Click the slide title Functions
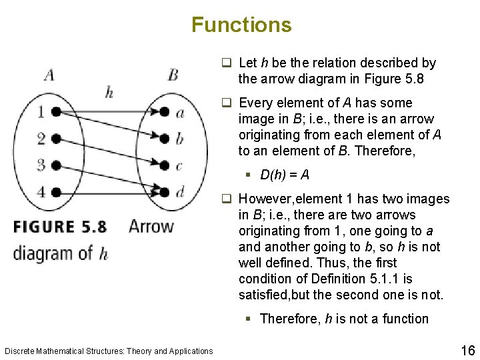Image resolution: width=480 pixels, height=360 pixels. click(241, 25)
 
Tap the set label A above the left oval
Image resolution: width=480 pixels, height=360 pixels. click(49, 74)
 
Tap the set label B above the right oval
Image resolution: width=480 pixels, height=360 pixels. click(173, 73)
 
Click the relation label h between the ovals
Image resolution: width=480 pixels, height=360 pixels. click(109, 92)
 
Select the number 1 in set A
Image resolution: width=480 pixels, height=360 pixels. click(41, 112)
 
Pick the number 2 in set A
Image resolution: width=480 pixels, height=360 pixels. click(41, 139)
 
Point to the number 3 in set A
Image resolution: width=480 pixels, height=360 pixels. click(41, 164)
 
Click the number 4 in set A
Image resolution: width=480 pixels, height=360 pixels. click(41, 192)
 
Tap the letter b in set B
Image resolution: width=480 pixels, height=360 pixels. click(180, 138)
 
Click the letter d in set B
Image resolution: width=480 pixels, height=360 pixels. click(180, 191)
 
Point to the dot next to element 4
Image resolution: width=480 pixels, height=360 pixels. click(57, 192)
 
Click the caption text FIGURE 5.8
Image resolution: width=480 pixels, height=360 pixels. click(60, 227)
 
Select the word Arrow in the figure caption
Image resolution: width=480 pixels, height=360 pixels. click(151, 227)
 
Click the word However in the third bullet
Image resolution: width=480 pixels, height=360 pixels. click(263, 199)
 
